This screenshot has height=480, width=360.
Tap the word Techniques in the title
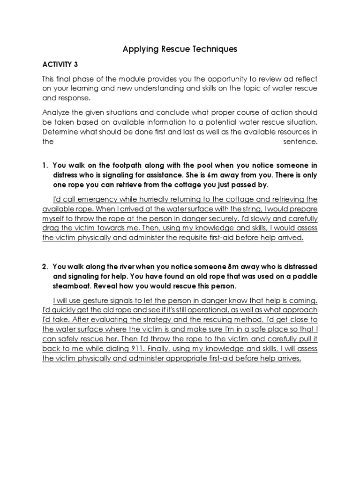tap(214, 49)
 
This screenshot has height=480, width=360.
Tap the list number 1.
tap(45, 165)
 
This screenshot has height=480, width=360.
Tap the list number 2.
tap(45, 267)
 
